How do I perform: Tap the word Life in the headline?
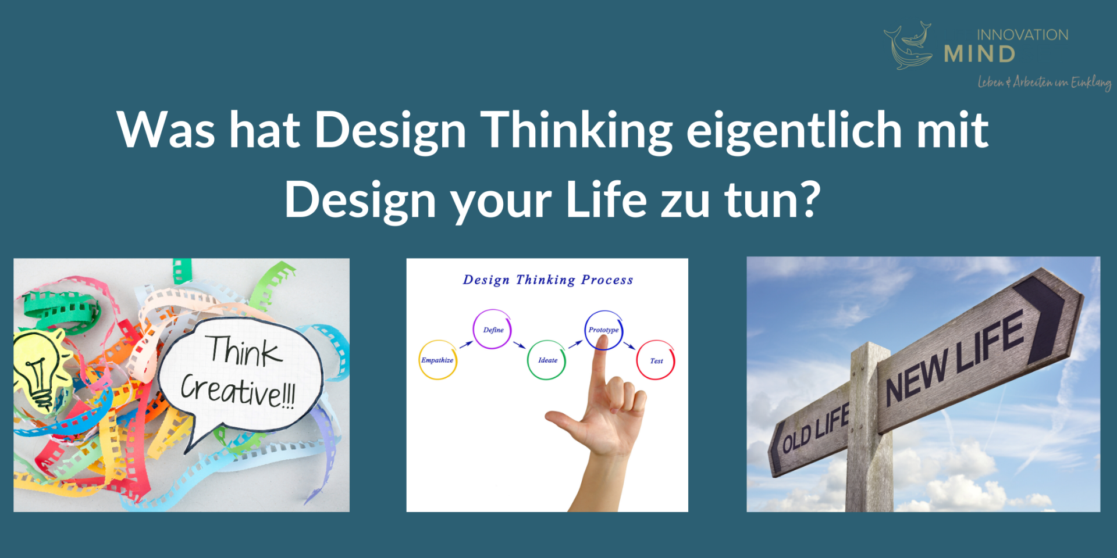coord(606,199)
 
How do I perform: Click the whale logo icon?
coord(908,46)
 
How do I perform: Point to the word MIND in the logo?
coord(980,54)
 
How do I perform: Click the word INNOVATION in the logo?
coord(1022,35)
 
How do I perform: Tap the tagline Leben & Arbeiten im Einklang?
coord(1045,83)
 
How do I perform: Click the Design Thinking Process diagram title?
coord(547,280)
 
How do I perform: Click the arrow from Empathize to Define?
coord(465,345)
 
